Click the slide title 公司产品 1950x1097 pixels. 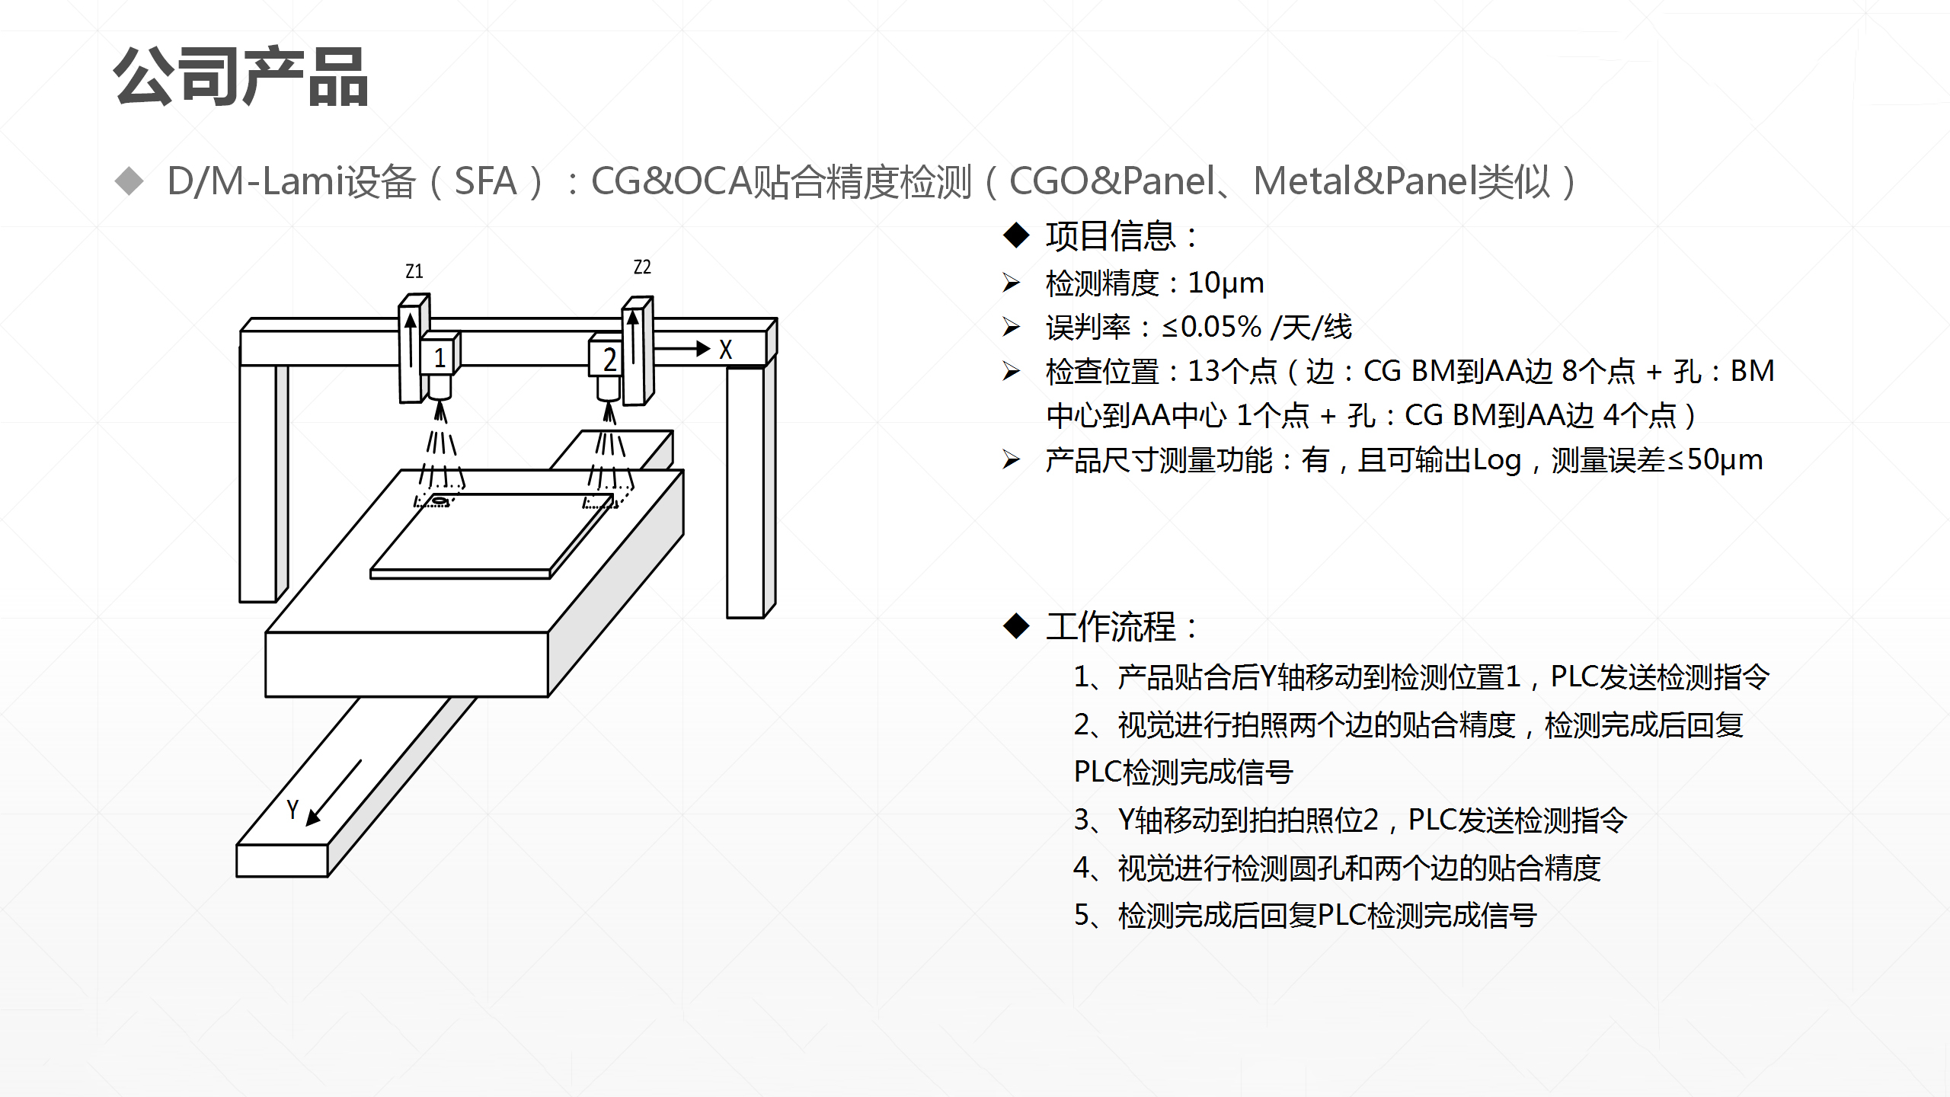[241, 77]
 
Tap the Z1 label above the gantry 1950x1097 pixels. [414, 271]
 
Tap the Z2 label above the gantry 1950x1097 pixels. [642, 267]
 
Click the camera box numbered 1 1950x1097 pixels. [440, 357]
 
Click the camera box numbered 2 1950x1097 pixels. [608, 359]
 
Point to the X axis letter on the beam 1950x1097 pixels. [725, 350]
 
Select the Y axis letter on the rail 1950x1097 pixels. [292, 809]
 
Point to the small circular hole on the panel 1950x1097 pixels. [440, 501]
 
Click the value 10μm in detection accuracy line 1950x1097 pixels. [1226, 283]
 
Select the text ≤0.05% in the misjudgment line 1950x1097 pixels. [1211, 328]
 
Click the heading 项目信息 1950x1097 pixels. [1111, 236]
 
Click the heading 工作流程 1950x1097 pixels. [1111, 627]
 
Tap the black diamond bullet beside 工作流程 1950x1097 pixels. [1016, 626]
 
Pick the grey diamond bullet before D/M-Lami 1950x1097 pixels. [129, 181]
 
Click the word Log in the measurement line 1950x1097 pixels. [1497, 460]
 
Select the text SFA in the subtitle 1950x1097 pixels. [485, 182]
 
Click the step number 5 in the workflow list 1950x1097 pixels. [1082, 915]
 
